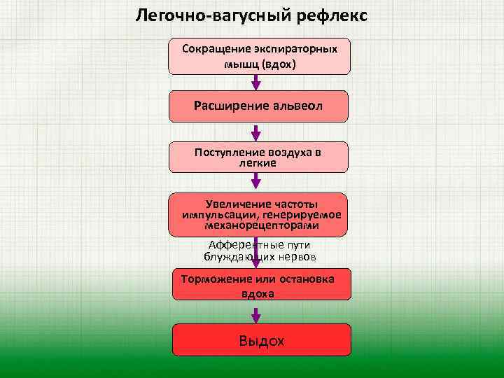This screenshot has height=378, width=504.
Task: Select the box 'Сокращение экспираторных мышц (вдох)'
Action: (x=258, y=56)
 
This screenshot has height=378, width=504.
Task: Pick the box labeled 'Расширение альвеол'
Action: (x=258, y=106)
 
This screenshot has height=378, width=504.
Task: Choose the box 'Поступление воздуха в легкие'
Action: (x=258, y=157)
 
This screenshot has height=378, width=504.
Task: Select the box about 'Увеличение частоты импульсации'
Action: (x=258, y=214)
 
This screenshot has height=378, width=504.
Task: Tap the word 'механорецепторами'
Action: (x=261, y=226)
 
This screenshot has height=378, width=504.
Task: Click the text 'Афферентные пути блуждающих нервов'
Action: (x=260, y=251)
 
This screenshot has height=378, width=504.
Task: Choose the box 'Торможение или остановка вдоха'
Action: (x=258, y=286)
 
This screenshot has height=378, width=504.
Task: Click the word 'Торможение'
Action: (x=210, y=279)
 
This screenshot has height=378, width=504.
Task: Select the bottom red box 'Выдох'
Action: (x=261, y=341)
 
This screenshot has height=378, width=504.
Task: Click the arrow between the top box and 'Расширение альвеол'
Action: (x=256, y=82)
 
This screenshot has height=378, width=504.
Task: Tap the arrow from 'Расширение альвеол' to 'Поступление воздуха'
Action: (x=256, y=133)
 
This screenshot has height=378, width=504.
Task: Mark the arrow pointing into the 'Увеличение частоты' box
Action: (x=256, y=182)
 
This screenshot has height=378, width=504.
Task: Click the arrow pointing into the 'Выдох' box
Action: (x=256, y=312)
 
